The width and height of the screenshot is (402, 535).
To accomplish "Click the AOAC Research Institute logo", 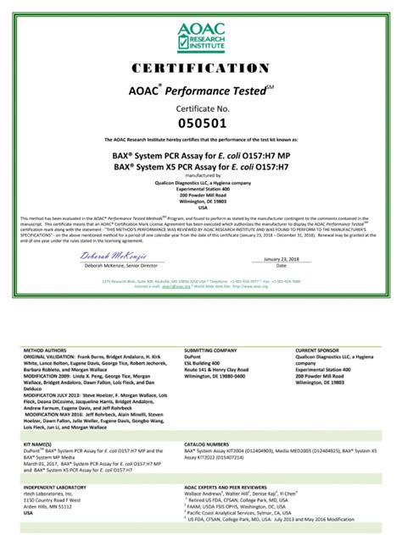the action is pos(200,36).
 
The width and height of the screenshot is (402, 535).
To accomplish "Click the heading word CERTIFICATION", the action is pos(200,68).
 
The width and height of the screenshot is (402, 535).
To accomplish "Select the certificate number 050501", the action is pos(200,124).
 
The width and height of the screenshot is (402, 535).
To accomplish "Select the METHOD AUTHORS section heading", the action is pos(47,349).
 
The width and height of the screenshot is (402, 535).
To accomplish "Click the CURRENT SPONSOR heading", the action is pos(318,349).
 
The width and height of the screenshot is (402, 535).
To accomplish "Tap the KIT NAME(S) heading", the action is pos(40,443).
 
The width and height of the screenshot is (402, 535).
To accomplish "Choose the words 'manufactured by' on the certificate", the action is pos(200,174).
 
